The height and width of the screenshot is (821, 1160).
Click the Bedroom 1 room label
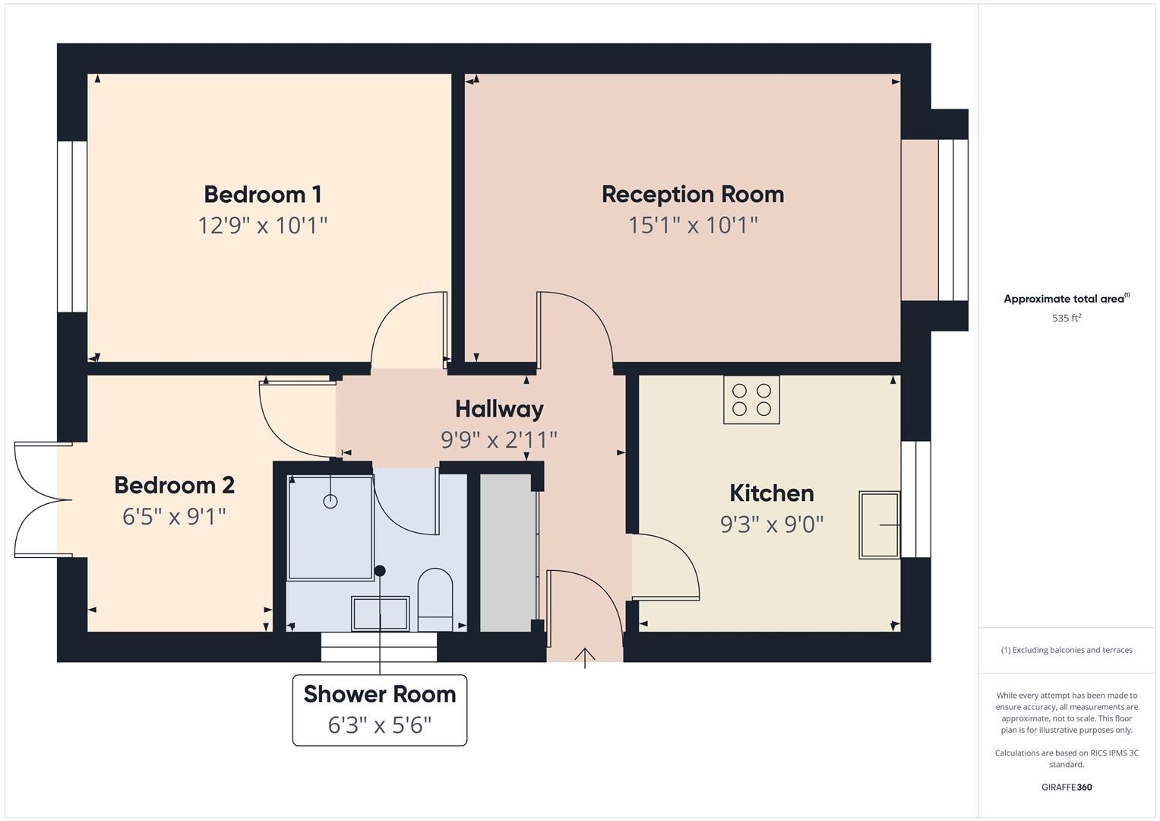pos(263,195)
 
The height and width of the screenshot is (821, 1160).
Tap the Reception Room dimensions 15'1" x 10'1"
pos(693,226)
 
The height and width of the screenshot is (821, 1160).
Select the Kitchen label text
pos(771,493)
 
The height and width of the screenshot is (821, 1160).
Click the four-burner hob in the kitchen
pos(751,400)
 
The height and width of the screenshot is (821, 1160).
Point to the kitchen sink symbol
pos(879,525)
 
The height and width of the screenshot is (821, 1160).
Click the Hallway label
pos(499,410)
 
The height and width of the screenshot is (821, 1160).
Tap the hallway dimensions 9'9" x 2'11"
pos(499,440)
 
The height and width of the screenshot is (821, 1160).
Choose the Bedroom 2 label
pos(174,485)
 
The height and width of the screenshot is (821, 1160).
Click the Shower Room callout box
pos(380,710)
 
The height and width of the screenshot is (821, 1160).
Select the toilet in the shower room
pos(435,599)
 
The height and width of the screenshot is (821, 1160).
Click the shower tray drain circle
pos(330,501)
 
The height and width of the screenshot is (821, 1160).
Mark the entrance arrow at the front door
pos(584,657)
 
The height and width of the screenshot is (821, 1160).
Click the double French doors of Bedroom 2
pos(43,499)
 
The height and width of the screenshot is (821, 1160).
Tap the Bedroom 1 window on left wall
pos(72,227)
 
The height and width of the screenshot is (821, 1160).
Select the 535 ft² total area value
pos(1067,319)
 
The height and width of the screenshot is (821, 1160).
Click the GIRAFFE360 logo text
pos(1067,788)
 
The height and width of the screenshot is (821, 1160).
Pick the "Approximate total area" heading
pos(1065,299)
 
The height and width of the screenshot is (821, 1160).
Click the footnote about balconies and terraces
pos(1067,650)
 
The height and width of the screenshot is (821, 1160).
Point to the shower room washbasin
pos(380,613)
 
